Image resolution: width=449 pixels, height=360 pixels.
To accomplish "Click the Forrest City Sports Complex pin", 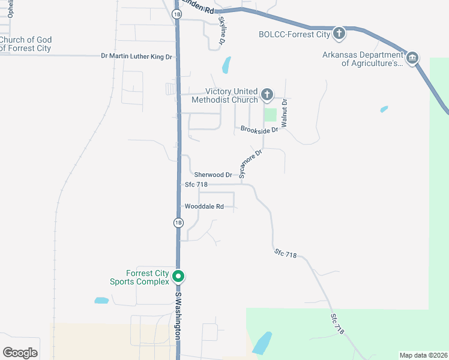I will (178, 277).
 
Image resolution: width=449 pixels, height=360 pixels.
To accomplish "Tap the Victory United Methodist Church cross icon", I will (267, 95).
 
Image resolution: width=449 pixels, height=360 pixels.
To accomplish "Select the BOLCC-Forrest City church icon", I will (339, 34).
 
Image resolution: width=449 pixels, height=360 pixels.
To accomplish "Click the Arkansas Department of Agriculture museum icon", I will (412, 58).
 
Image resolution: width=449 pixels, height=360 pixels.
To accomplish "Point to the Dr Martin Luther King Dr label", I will (137, 56).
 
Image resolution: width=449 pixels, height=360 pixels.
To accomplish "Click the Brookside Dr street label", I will (259, 129).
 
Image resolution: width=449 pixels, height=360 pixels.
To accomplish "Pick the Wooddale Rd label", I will (204, 206).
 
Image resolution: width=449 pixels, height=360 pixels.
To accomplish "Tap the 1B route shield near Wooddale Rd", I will (178, 223).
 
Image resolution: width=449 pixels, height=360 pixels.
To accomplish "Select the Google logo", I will (20, 353).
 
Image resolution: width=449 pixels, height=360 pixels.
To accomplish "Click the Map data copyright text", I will (423, 355).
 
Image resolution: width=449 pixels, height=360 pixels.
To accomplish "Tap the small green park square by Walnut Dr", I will (271, 114).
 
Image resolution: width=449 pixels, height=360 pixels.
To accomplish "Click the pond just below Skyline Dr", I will (226, 65).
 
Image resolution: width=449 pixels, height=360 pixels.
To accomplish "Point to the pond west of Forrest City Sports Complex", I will (101, 300).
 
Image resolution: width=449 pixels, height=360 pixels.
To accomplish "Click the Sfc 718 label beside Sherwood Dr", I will (196, 185).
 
